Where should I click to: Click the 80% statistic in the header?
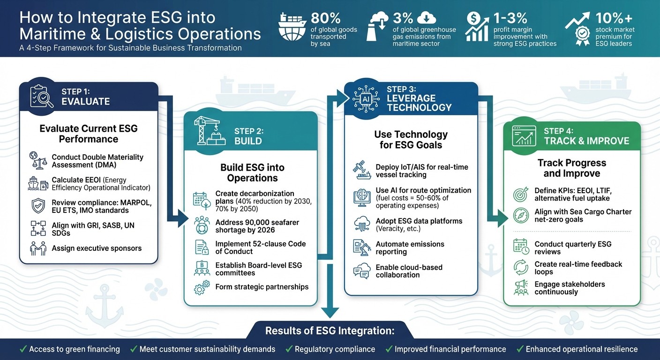[x=326, y=18]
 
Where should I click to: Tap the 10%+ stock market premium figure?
[x=614, y=18]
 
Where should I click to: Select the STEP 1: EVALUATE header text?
[x=85, y=97]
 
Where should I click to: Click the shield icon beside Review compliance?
[x=38, y=205]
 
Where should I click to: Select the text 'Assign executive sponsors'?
[x=97, y=248]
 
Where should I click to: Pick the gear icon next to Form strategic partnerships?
[x=202, y=287]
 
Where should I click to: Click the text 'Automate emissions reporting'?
[x=410, y=248]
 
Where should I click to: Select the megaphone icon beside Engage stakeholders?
[x=521, y=288]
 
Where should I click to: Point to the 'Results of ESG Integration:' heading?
[x=330, y=331]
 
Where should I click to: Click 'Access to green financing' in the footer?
[x=75, y=349]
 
